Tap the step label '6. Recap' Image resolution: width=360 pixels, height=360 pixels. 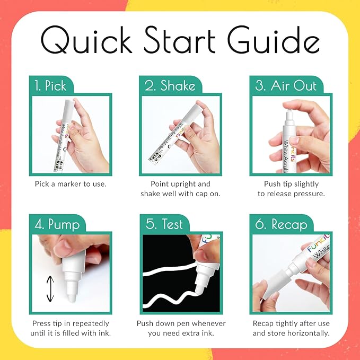click(x=281, y=224)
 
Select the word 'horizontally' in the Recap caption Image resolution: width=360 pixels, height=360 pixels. click(x=307, y=333)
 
